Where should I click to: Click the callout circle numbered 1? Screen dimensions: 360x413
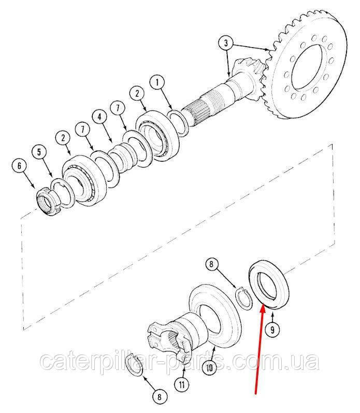pos(157,83)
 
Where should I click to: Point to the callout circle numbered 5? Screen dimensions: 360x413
pos(39,152)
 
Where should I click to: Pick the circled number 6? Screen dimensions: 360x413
pos(19,166)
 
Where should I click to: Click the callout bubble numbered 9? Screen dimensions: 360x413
pos(272,330)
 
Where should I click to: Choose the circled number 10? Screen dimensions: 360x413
pos(210,368)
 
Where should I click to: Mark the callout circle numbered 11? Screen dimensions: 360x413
pos(182,385)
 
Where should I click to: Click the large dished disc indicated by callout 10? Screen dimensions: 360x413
pos(215,317)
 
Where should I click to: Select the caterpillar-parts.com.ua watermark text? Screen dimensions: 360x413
pos(180,361)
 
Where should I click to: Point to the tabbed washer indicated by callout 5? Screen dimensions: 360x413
pos(63,193)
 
